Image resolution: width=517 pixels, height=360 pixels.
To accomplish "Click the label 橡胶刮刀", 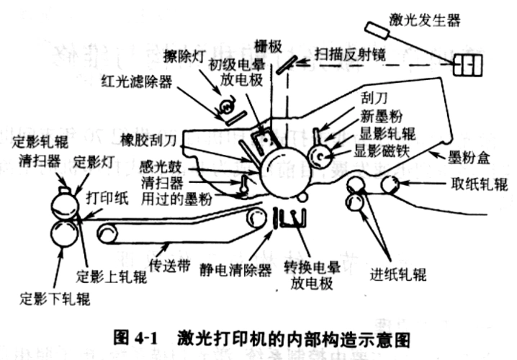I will click(150, 138).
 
